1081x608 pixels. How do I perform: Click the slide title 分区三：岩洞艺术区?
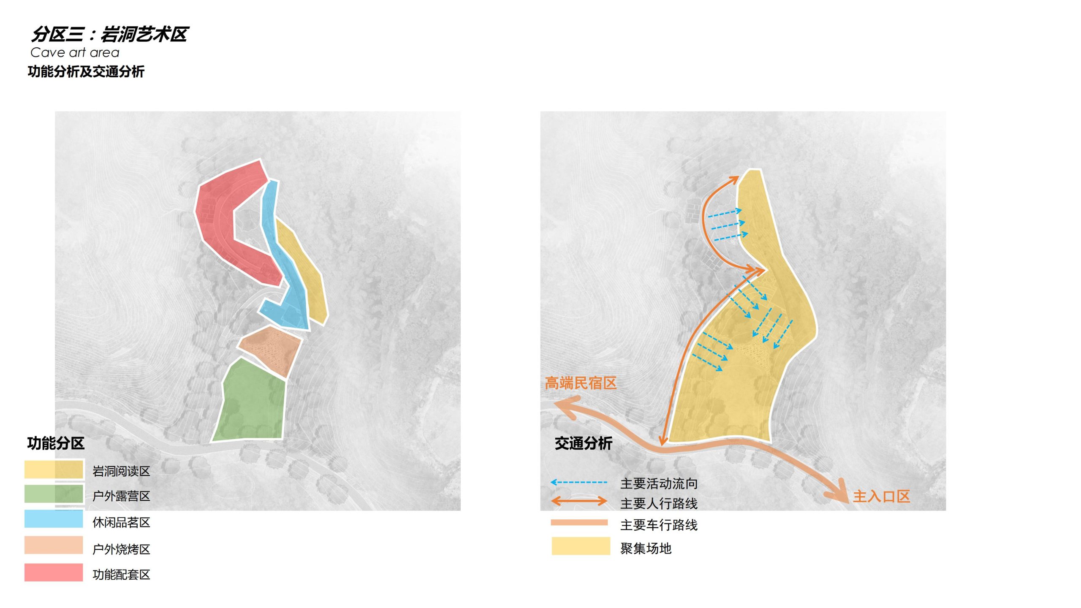(x=110, y=34)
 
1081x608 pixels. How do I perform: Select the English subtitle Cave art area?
(x=75, y=53)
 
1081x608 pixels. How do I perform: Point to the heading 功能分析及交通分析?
(x=86, y=71)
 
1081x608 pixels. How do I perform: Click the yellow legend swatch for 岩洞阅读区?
(x=54, y=470)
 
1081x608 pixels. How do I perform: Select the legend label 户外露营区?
(x=121, y=496)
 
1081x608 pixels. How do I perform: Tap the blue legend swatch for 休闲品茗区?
(x=54, y=519)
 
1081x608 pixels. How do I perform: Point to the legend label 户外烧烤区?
(x=121, y=549)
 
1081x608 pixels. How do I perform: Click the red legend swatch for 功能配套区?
(x=54, y=572)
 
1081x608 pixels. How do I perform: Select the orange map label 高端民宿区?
(x=581, y=383)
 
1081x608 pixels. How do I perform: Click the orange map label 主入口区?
(x=881, y=496)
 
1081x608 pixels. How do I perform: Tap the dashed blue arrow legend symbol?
(x=579, y=482)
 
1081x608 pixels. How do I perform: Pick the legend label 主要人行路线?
(x=659, y=503)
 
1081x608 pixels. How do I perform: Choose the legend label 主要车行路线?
(x=659, y=525)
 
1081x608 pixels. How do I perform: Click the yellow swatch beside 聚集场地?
(x=581, y=546)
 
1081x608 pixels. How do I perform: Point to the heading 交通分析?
(x=583, y=443)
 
